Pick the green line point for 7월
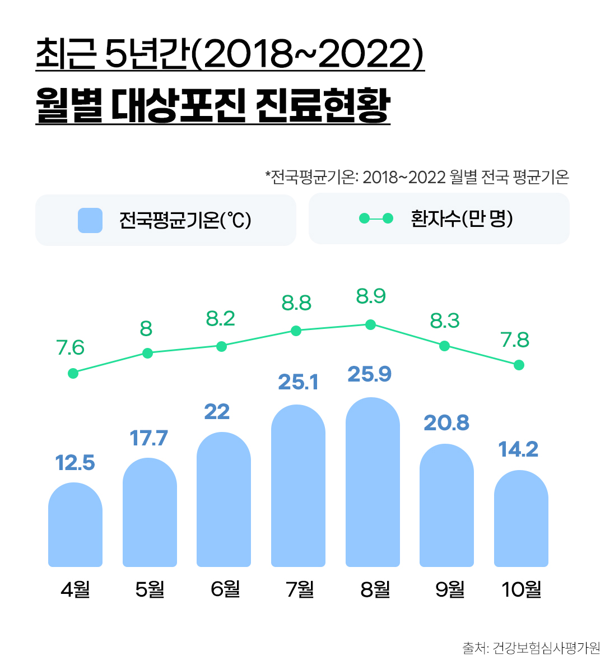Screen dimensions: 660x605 [x=296, y=331]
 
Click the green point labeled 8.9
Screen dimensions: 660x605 [x=370, y=324]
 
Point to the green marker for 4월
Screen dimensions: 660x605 [x=73, y=373]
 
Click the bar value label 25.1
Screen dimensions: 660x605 [x=298, y=382]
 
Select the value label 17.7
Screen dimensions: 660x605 [x=149, y=438]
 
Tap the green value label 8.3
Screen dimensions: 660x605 [x=445, y=321]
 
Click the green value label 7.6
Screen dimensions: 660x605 [x=71, y=348]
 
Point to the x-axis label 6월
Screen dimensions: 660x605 [x=225, y=589]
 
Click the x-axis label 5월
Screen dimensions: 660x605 [x=150, y=589]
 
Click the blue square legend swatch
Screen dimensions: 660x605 [x=90, y=220]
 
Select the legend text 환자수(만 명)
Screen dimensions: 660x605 [x=462, y=219]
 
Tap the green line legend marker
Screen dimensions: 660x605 [x=376, y=219]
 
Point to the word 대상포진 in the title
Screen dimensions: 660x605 [x=178, y=106]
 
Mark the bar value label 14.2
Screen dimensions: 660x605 [x=518, y=449]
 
